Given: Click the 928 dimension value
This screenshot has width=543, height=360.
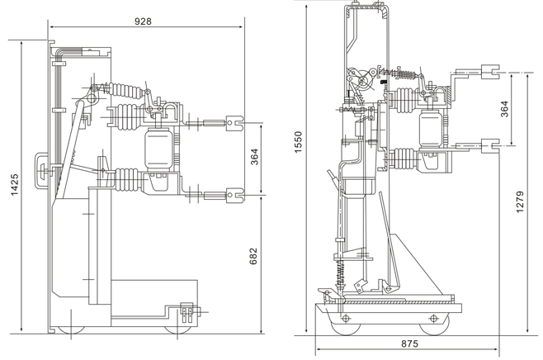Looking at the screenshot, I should pyautogui.click(x=143, y=21).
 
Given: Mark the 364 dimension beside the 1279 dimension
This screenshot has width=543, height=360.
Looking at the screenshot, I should pyautogui.click(x=504, y=109).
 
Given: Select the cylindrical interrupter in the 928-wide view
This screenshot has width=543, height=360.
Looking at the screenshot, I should pyautogui.click(x=157, y=149).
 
